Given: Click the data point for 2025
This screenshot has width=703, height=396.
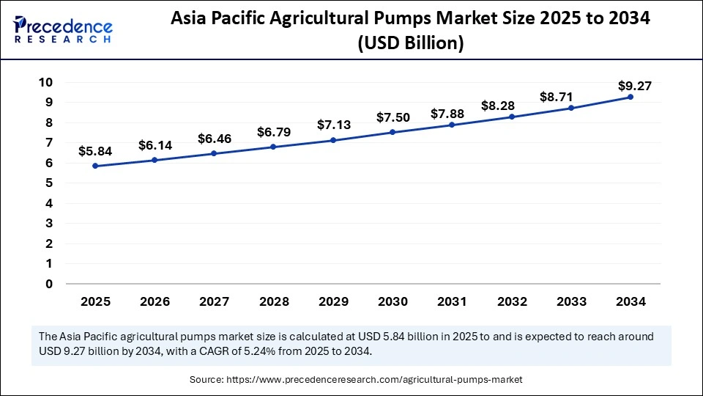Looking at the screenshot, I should click(x=95, y=166).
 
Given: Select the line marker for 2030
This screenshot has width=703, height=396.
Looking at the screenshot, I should click(x=393, y=132).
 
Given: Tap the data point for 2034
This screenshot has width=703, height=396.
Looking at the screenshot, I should click(x=630, y=97).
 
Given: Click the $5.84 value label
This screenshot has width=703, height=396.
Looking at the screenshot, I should click(x=95, y=151).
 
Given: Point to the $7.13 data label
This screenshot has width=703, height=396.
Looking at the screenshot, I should click(x=333, y=125).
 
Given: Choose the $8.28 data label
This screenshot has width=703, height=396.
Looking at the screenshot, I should click(x=511, y=105).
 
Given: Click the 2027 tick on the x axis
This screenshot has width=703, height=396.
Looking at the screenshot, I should click(x=214, y=301).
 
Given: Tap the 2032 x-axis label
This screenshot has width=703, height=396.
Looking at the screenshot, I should click(x=511, y=301).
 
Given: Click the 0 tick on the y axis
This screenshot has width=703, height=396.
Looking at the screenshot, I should click(x=48, y=284).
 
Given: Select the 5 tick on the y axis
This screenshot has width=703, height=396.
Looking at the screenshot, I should click(x=48, y=183).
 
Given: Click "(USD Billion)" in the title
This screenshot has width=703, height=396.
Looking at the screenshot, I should click(x=410, y=43).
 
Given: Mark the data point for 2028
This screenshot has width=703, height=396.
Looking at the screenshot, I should click(x=273, y=147).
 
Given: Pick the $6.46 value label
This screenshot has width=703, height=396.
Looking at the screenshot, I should click(x=214, y=139).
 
